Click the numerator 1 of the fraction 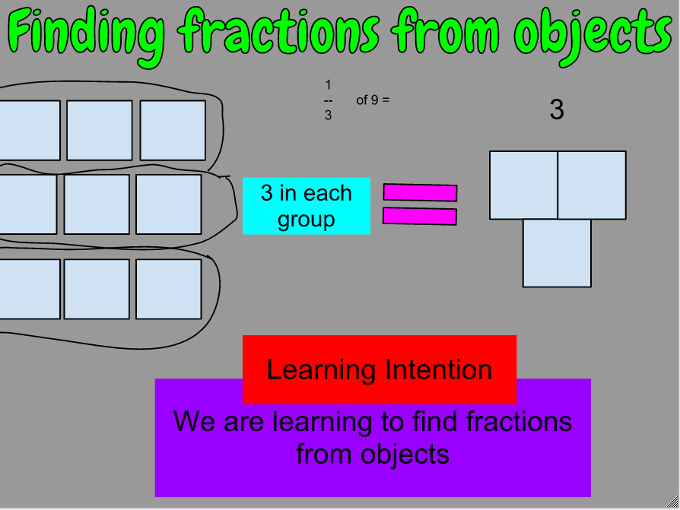pyautogui.click(x=328, y=84)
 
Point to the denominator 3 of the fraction pyautogui.click(x=328, y=116)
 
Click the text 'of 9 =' pyautogui.click(x=373, y=100)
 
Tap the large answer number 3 pyautogui.click(x=557, y=110)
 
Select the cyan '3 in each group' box pyautogui.click(x=307, y=206)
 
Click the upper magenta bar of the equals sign pyautogui.click(x=420, y=192)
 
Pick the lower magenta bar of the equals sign pyautogui.click(x=420, y=217)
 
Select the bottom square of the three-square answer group pyautogui.click(x=557, y=253)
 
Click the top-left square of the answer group pyautogui.click(x=523, y=185)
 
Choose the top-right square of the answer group pyautogui.click(x=592, y=185)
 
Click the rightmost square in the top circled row pyautogui.click(x=173, y=130)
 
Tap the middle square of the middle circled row pyautogui.click(x=97, y=204)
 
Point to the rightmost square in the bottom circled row pyautogui.click(x=169, y=288)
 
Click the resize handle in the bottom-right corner pyautogui.click(x=673, y=503)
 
